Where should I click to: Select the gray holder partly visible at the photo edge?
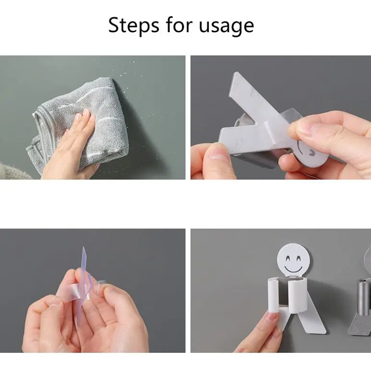click(364, 298)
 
